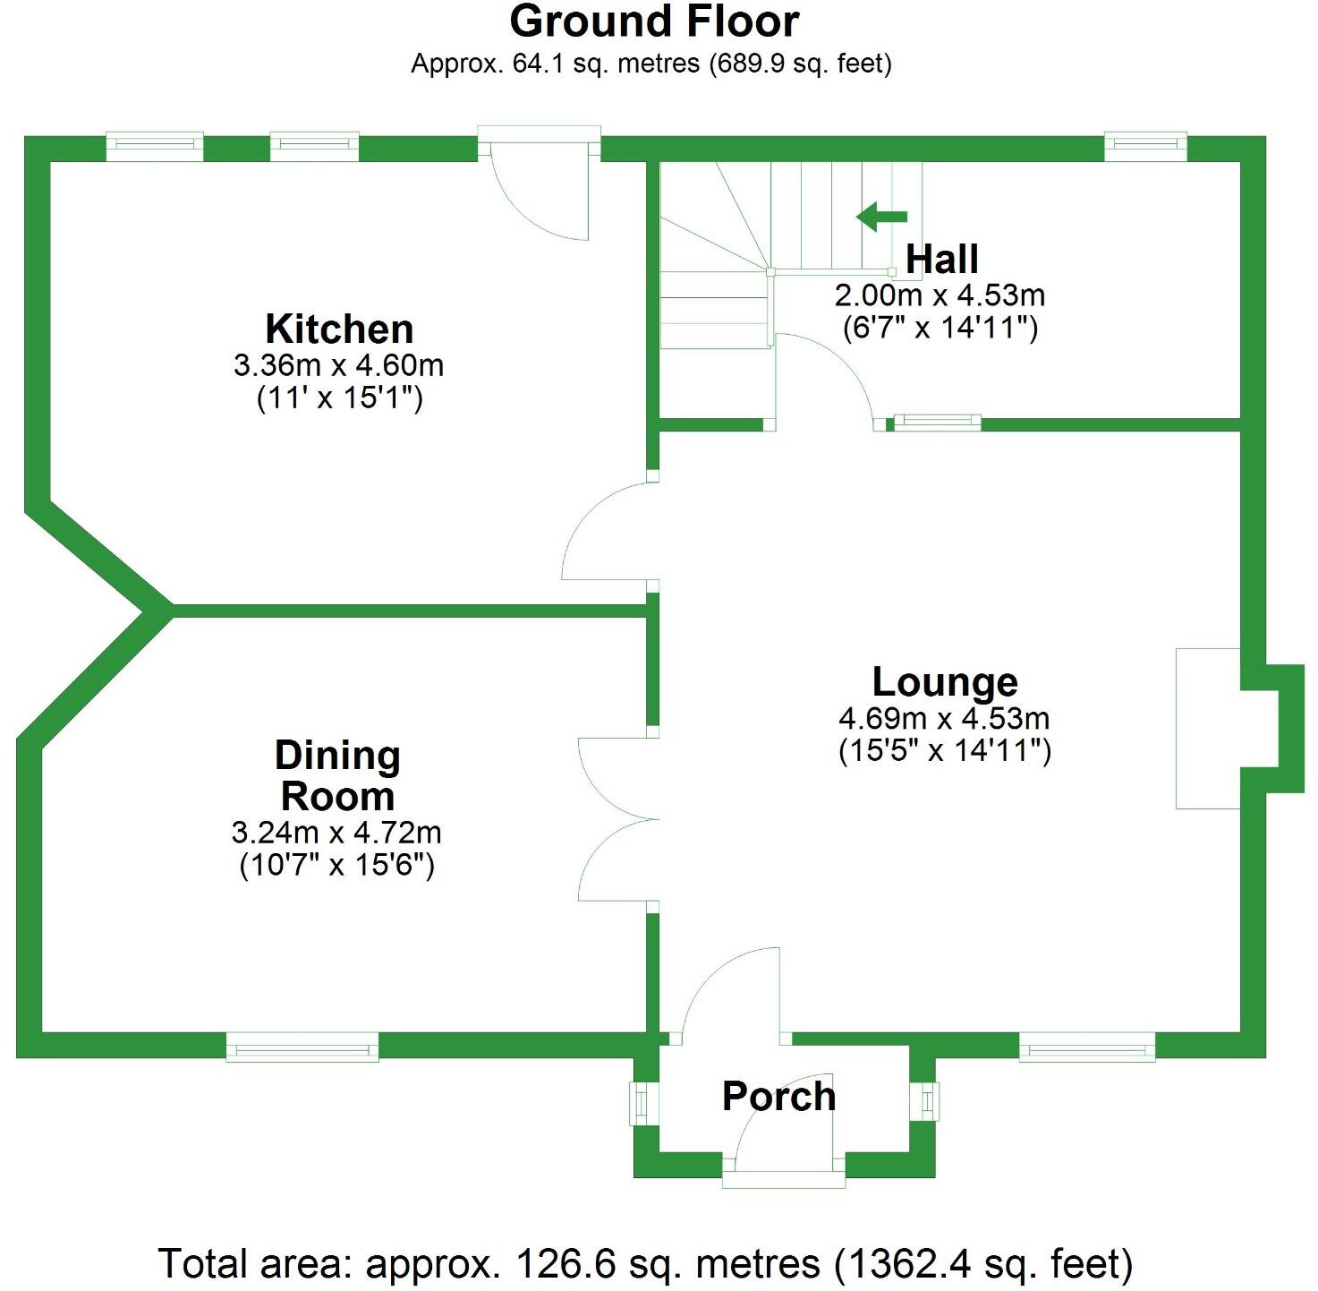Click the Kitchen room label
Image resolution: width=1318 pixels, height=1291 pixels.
coord(339,329)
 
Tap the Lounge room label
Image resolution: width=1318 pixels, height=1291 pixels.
coord(945,682)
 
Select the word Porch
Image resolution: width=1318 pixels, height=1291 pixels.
coord(778,1097)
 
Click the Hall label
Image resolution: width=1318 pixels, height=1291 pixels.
coord(941,260)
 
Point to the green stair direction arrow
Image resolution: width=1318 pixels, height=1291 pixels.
coord(881,217)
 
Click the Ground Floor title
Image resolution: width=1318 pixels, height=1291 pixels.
coord(654,21)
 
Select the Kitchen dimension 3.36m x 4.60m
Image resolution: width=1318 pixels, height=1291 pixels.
coord(338,365)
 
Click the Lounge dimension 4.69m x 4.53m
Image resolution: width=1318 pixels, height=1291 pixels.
coord(944,718)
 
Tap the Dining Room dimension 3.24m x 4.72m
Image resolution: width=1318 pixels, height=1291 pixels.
coord(336,833)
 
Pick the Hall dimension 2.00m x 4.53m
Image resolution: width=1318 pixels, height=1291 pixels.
coord(940,295)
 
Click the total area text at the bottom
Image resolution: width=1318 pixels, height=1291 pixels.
coord(645,1264)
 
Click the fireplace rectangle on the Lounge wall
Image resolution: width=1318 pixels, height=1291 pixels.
coord(1207,728)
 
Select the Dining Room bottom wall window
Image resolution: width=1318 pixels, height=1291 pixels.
coord(302,1046)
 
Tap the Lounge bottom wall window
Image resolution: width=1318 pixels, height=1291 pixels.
coord(1087,1046)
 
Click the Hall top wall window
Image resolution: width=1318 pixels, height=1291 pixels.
coord(1145,147)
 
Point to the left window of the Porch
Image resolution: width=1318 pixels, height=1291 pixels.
coord(641,1103)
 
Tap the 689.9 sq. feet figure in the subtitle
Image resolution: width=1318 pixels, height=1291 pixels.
coord(800,64)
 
